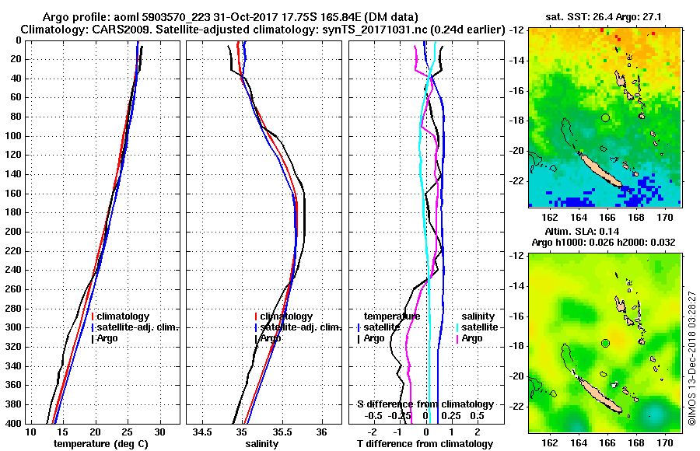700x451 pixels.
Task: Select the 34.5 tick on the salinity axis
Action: [205, 431]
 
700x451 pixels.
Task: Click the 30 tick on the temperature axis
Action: [160, 431]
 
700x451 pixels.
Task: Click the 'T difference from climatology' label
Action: [425, 444]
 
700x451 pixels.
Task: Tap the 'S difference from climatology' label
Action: [425, 404]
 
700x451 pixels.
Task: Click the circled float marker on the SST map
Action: [605, 117]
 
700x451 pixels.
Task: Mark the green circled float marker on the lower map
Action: [605, 343]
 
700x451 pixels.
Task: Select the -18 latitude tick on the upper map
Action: [517, 121]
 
